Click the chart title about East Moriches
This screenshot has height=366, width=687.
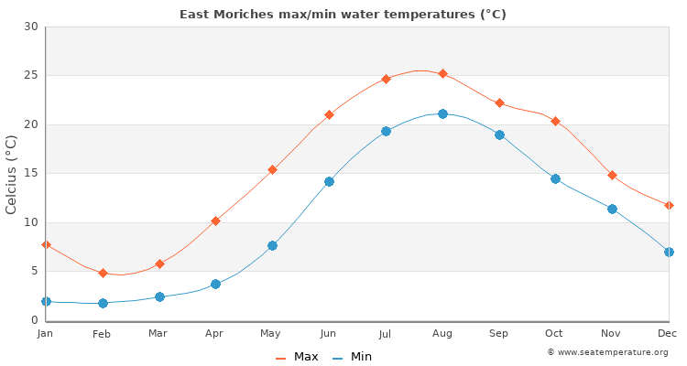343,14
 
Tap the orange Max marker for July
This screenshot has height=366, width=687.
386,79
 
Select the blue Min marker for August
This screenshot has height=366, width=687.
442,113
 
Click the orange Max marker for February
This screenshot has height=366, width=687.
103,273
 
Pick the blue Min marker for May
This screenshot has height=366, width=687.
272,245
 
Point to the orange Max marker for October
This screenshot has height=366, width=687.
555,121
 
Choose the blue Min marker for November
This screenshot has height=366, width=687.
612,209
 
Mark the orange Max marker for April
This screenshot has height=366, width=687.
215,221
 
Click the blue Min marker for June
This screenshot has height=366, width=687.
329,181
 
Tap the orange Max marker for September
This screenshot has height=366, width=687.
499,102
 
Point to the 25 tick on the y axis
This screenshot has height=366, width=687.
31,76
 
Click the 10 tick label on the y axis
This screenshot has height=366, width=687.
31,222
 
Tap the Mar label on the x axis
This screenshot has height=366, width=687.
158,334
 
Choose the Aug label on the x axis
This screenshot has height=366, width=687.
442,334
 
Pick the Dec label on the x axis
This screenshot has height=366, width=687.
669,334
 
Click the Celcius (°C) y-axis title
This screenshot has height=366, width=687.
12,174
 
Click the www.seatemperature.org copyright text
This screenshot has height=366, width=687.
607,352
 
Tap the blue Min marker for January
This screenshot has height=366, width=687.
46,301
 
